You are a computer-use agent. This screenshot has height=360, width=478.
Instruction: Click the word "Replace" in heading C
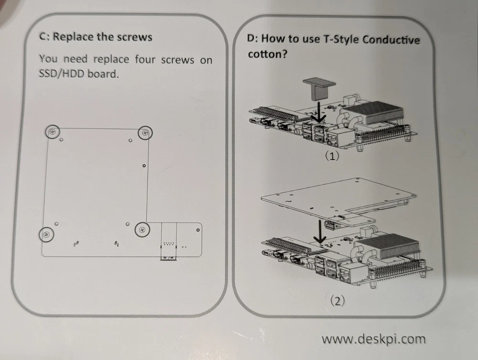click(73, 37)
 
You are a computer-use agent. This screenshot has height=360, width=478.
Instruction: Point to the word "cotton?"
click(267, 54)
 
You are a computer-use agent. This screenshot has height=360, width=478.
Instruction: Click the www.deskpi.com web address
click(373, 339)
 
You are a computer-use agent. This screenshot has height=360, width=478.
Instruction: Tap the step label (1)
click(332, 156)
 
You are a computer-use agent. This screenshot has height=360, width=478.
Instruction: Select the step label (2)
click(338, 301)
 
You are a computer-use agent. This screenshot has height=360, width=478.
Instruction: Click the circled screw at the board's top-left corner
click(53, 132)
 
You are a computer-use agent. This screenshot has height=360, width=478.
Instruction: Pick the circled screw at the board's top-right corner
click(145, 132)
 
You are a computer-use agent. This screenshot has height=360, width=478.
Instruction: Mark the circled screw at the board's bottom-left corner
click(47, 234)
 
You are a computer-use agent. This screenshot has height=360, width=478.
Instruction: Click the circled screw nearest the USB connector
click(142, 230)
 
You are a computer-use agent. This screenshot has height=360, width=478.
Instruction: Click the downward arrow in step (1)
click(318, 111)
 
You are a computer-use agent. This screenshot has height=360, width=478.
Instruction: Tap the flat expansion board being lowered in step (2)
click(338, 201)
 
